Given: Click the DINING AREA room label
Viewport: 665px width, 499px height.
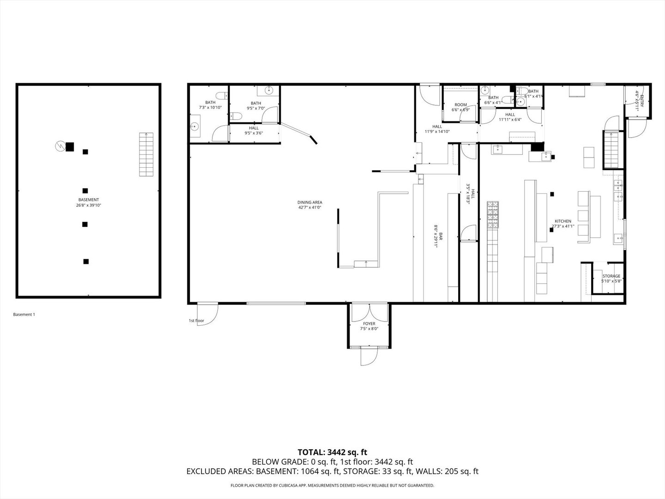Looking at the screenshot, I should (x=309, y=205).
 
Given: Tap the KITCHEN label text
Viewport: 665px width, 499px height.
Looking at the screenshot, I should (x=563, y=224).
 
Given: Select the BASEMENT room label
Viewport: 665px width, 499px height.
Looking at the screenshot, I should (x=88, y=202).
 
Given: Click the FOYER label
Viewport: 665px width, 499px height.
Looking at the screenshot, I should (x=369, y=326).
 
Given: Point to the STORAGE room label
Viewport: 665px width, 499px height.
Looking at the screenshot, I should (x=611, y=278).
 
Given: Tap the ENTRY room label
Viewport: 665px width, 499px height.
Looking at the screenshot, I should (x=638, y=99).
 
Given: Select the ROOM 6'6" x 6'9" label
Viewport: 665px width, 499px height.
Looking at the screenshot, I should (x=460, y=107).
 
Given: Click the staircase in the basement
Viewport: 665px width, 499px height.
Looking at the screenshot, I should (x=146, y=154).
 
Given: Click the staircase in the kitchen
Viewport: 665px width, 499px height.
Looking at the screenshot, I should (x=611, y=149).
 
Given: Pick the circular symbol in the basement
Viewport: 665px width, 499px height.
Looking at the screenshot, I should (x=59, y=146).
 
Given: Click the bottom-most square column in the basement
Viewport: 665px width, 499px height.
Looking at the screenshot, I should (x=86, y=262).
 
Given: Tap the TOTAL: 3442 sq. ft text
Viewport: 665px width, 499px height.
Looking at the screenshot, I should (x=332, y=452).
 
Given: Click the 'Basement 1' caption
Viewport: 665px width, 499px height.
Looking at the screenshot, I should (x=24, y=315).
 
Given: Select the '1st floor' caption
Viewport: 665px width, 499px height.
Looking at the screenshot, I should (x=196, y=321).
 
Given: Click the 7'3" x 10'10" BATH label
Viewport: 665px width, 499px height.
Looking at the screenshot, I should (x=210, y=105).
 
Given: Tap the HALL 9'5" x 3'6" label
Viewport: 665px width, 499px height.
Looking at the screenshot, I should (x=254, y=131).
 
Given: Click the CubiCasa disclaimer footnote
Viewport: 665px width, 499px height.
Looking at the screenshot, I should (x=332, y=486).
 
